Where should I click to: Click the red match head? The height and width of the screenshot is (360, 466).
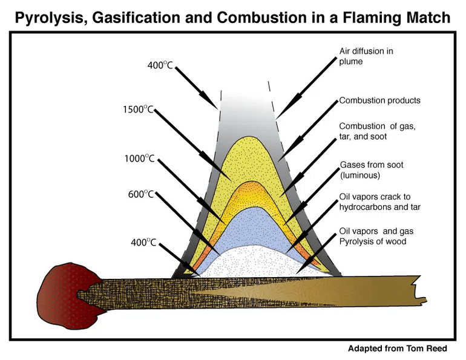pos(67,295)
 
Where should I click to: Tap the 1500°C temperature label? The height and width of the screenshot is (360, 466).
pos(138,110)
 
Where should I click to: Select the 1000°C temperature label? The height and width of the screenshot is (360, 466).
pos(139,159)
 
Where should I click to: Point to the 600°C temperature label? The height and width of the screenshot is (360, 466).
pos(141,194)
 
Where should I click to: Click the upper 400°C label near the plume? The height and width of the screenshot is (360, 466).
pos(160,65)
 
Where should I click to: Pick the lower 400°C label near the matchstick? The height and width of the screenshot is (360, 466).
pos(143,243)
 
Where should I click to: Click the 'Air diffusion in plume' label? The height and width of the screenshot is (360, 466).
pos(366,56)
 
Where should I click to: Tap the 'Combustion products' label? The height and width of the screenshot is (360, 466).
pos(380,100)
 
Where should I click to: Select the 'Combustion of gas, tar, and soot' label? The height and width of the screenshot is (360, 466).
pos(378,131)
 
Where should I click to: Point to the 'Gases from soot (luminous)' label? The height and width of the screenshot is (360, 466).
pos(372,170)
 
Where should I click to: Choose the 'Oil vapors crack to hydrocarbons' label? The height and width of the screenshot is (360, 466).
pos(380,202)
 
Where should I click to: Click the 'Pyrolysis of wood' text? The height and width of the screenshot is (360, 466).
pos(373,241)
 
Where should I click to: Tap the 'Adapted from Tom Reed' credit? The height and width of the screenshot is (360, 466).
pos(398,348)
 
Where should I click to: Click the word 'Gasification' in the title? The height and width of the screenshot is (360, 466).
pos(134,18)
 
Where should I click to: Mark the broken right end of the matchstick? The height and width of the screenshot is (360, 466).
pos(421,290)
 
